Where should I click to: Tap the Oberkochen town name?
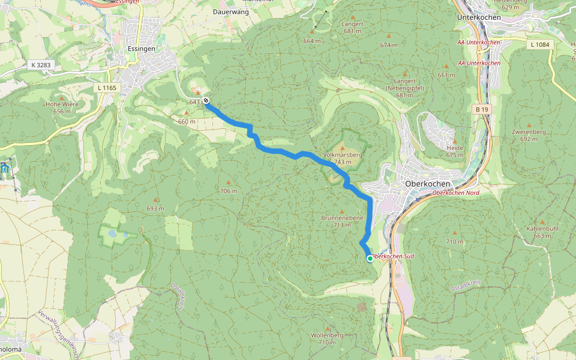tap(428, 184)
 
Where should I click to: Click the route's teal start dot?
tap(369, 259)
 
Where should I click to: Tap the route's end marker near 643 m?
tap(206, 101)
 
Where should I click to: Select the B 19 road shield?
tap(482, 109)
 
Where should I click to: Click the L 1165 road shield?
tap(108, 88)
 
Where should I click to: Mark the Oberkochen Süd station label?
tap(392, 256)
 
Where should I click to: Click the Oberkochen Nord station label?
tap(456, 193)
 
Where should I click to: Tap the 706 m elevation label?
tap(229, 191)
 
